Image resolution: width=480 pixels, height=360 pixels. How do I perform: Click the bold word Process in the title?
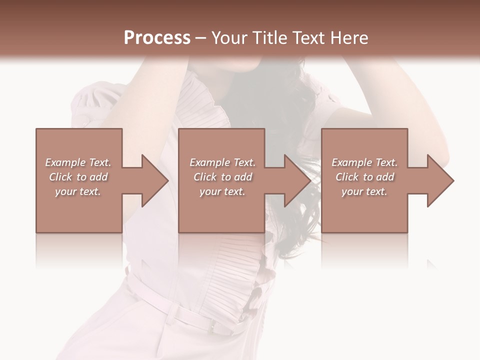coord(157,38)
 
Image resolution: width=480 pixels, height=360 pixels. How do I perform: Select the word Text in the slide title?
coord(309,38)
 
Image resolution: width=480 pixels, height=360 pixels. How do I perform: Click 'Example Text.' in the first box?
coord(78,162)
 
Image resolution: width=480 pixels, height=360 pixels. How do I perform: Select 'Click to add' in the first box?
coord(78,177)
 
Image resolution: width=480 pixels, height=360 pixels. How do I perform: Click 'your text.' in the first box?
coord(78,191)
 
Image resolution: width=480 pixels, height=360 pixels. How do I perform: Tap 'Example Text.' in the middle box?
coord(222,162)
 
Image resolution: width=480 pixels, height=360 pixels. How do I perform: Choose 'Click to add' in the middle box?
coord(222,177)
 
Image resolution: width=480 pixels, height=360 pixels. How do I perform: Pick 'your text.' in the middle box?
coord(222,191)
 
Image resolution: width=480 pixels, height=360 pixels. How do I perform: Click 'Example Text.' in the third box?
coord(364,162)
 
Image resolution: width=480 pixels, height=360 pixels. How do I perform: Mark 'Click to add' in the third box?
coord(364,177)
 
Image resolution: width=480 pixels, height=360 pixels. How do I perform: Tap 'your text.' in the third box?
coord(364,191)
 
